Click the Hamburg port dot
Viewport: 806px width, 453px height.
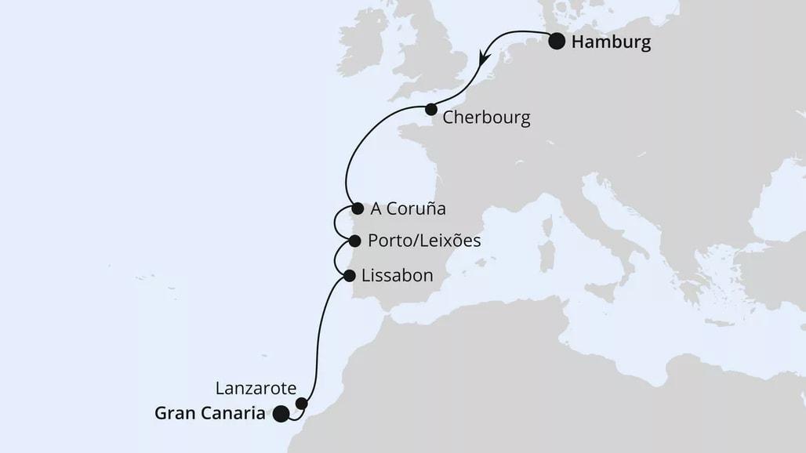click(x=557, y=42)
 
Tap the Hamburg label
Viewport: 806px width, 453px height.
click(x=611, y=42)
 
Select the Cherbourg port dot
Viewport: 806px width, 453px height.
click(x=430, y=110)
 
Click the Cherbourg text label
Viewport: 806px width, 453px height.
click(x=486, y=118)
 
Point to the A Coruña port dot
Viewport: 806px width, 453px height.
click(x=358, y=208)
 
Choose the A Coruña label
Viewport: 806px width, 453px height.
click(x=407, y=209)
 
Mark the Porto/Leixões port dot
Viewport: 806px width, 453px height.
click(x=354, y=241)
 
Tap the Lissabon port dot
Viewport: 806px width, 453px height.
click(x=349, y=275)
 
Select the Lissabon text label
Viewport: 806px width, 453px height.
click(x=397, y=276)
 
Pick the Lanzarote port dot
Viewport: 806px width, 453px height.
click(x=302, y=404)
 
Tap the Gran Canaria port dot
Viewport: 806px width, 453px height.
click(x=281, y=415)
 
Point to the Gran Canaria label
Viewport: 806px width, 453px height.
click(x=209, y=415)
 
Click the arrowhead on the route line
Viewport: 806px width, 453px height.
click(x=485, y=58)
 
